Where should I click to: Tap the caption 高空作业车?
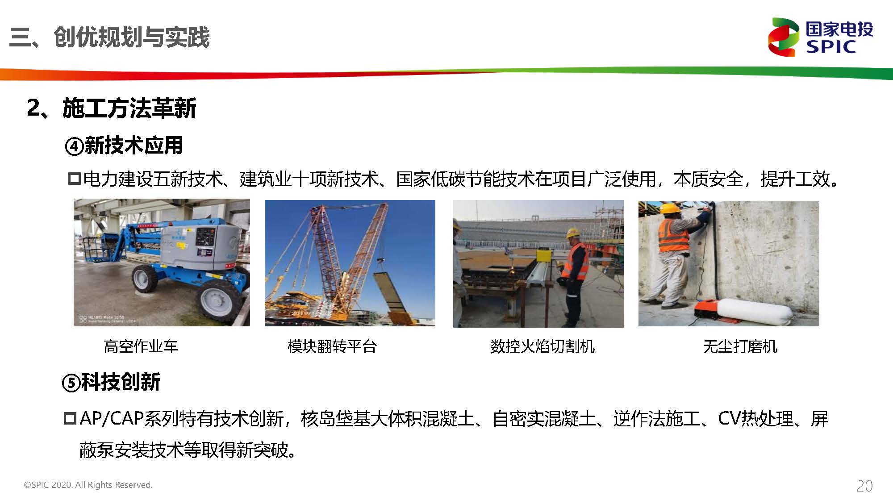click(141, 346)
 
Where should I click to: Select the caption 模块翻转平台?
click(332, 346)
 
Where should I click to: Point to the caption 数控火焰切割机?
click(542, 346)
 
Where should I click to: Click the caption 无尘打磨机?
click(740, 346)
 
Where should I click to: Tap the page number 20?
click(864, 486)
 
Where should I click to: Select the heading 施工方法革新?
click(129, 108)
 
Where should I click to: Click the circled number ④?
click(74, 146)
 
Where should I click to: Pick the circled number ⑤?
click(71, 383)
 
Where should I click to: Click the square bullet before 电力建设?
click(75, 179)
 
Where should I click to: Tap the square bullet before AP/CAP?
click(71, 419)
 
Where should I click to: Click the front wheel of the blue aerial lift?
click(145, 278)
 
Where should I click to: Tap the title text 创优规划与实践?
click(131, 37)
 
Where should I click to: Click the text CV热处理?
click(756, 419)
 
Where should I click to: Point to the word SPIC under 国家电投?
click(831, 46)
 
